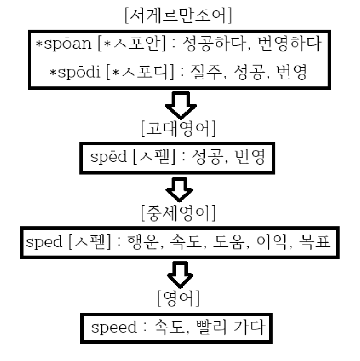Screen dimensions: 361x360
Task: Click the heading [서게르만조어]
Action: pos(180,17)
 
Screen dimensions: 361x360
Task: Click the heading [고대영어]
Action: pos(178,128)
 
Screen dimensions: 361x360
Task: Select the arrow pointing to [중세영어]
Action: pos(179,190)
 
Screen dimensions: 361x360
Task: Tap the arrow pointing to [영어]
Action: pos(180,274)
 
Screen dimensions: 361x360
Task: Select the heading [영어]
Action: pos(178,299)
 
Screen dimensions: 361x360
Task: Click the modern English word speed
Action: pos(114,328)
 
